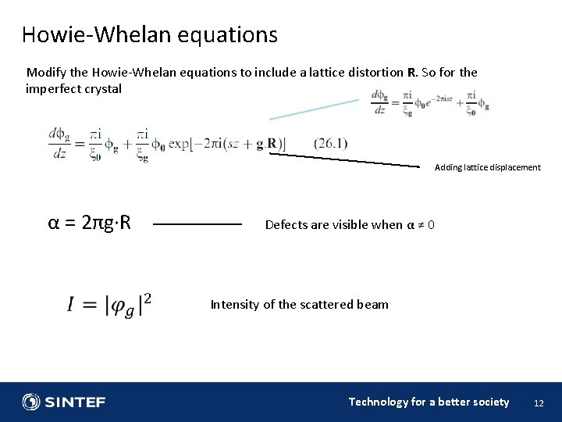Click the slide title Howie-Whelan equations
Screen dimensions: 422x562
[x=149, y=34]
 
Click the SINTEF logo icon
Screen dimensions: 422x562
[x=32, y=402]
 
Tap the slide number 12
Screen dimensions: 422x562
[x=538, y=402]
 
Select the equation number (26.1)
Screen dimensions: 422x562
[x=330, y=143]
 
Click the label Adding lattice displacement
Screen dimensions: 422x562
[x=487, y=167]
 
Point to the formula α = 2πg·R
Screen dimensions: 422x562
[x=89, y=224]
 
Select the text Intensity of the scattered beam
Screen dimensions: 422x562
[x=299, y=305]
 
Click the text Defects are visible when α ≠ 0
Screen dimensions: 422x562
[x=350, y=225]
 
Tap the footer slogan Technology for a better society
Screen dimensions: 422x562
[x=429, y=402]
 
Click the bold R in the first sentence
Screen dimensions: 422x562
[x=411, y=73]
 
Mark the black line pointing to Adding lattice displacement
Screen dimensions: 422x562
[x=347, y=160]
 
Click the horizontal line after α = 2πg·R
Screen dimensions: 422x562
[x=197, y=224]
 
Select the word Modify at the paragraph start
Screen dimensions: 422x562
[x=44, y=73]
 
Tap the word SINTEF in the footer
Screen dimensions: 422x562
[x=75, y=402]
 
